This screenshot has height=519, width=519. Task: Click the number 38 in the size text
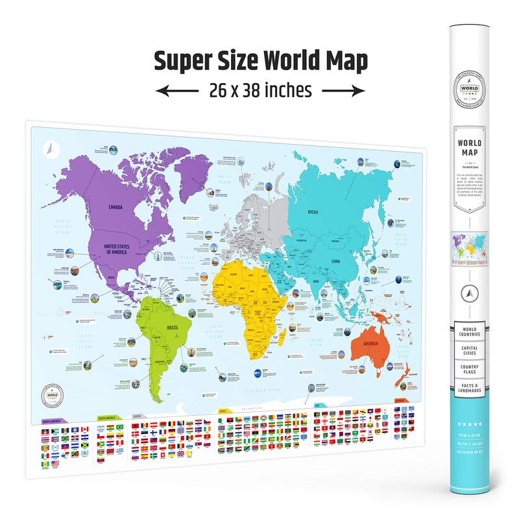click(x=257, y=91)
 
